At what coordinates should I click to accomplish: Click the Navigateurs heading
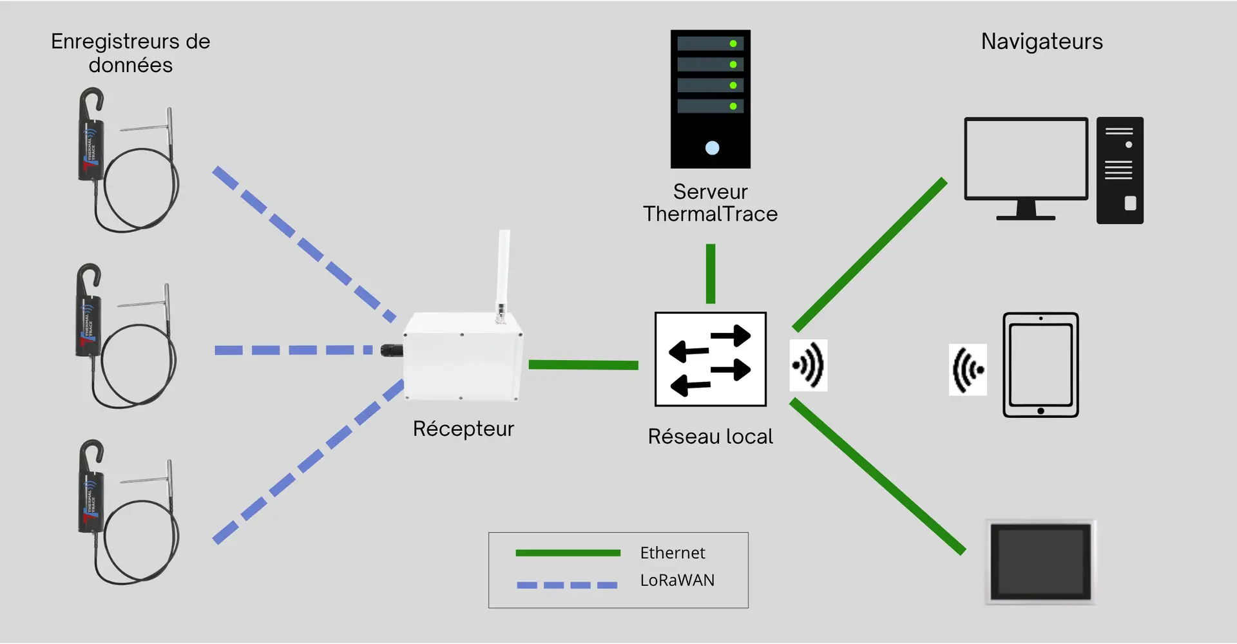[1042, 42]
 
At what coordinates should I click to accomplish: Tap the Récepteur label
[463, 429]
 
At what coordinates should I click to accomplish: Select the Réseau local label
[710, 437]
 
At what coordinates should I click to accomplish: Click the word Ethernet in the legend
[673, 553]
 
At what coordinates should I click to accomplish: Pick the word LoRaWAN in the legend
[677, 580]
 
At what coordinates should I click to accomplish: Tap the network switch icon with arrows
[710, 359]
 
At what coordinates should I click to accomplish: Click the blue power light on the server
[712, 148]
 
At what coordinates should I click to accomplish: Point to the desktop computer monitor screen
[1026, 158]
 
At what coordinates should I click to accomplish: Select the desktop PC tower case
[1120, 171]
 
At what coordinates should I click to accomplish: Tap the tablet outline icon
[1040, 365]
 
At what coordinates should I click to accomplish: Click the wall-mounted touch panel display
[1040, 562]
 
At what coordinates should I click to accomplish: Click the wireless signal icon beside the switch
[809, 365]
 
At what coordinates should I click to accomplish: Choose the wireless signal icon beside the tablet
[968, 370]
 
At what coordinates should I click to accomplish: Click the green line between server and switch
[711, 273]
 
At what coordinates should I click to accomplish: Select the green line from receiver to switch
[583, 365]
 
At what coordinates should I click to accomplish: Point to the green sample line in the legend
[568, 553]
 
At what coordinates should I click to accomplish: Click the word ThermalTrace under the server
[710, 214]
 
